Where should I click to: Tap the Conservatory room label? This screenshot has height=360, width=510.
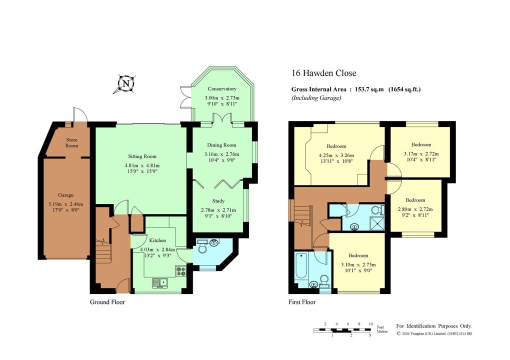[222, 89]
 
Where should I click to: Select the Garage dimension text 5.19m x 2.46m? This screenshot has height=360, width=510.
[66, 203]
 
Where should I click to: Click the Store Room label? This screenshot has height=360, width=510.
[72, 142]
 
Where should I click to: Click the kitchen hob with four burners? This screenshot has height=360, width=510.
[180, 271]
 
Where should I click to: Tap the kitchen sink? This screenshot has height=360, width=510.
[161, 283]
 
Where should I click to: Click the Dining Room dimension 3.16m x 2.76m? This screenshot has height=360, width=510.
[222, 154]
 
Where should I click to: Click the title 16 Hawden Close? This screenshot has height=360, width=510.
[324, 73]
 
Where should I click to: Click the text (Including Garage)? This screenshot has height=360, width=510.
[316, 98]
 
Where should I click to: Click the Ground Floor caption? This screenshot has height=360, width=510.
[107, 302]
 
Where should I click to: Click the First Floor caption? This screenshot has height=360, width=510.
[302, 302]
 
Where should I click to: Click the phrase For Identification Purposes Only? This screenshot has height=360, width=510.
[434, 325]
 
